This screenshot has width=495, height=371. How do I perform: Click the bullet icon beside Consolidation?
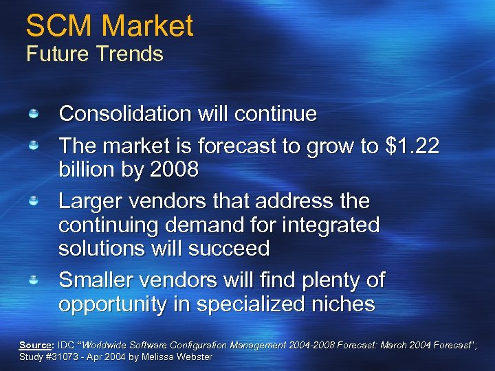coord(33,112)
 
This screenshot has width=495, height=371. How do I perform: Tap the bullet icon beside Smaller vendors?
coord(33,279)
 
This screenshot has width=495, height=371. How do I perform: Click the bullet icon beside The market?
coord(33,145)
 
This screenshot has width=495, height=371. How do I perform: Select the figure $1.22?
coord(412,146)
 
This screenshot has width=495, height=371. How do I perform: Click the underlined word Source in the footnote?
coord(35,344)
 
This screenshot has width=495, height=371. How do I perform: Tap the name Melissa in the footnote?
coord(159,357)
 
